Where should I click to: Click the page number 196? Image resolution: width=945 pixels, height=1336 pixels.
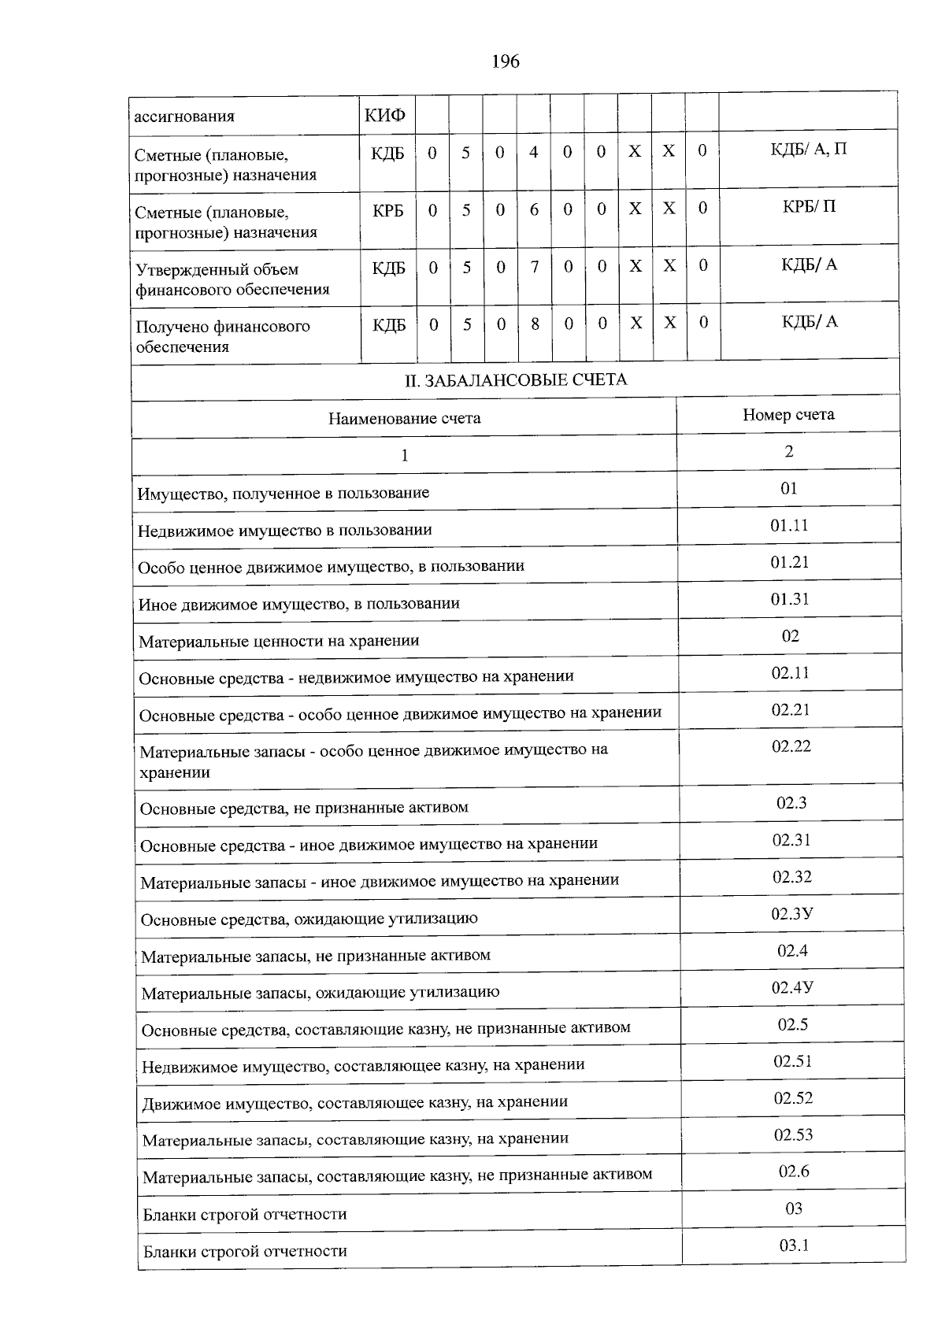[x=505, y=61]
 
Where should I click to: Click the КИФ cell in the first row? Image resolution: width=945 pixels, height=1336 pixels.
[x=385, y=117]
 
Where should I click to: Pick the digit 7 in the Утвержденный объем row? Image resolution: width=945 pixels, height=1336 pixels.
[x=534, y=267]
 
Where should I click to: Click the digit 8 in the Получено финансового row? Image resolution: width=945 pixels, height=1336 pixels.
[x=535, y=324]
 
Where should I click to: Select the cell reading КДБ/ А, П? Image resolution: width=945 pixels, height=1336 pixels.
[x=809, y=149]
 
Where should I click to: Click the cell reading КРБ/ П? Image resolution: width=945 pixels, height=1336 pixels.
[x=809, y=206]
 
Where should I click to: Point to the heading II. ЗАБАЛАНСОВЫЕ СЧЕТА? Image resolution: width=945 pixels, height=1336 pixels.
[x=516, y=380]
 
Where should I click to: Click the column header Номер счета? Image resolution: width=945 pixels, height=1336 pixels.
[x=788, y=415]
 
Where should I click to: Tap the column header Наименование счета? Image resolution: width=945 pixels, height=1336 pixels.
[x=404, y=418]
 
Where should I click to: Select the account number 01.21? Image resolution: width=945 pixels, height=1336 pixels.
[x=789, y=562]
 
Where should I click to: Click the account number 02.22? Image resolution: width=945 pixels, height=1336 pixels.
[x=791, y=746]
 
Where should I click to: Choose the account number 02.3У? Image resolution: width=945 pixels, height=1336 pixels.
[x=792, y=914]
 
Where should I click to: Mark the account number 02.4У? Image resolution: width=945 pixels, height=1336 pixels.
[x=792, y=987]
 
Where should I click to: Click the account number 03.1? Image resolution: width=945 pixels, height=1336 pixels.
[x=794, y=1245]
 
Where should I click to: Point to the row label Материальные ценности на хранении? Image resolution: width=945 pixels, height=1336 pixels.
[x=279, y=641]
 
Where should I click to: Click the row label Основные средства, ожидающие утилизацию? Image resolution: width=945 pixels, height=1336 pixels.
[x=309, y=919]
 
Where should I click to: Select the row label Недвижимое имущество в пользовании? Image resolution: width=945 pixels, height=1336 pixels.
[x=284, y=530]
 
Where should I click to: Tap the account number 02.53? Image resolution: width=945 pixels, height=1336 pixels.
[x=793, y=1134]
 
